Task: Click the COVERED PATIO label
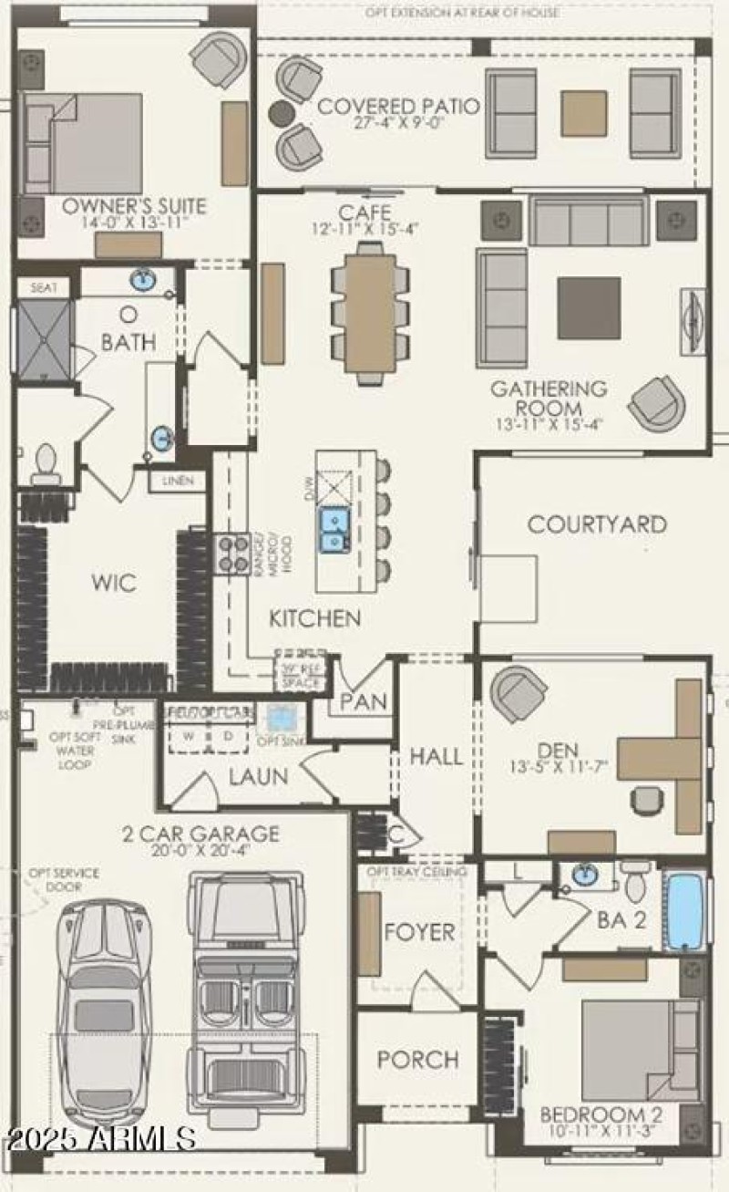pos(398,106)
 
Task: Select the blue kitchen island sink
pos(334,530)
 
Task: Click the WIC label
pos(113,583)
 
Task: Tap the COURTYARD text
pos(597,524)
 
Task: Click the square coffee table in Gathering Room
pos(589,308)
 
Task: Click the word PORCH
pos(418,1060)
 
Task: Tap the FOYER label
pos(419,932)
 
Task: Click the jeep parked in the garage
pos(244,990)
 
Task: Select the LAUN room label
pos(258,778)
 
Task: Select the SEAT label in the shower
pos(44,287)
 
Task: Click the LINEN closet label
pos(179,481)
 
